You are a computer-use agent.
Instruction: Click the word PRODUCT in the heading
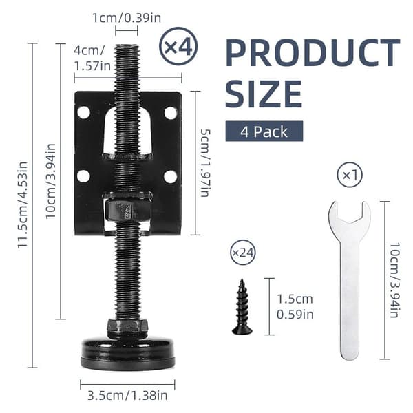[x=313, y=53]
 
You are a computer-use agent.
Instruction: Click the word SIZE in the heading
[x=264, y=94]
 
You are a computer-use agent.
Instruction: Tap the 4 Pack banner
[x=264, y=131]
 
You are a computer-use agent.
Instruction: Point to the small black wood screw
[x=242, y=307]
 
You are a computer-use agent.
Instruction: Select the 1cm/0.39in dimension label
[x=127, y=18]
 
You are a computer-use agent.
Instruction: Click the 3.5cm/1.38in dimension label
[x=127, y=395]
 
